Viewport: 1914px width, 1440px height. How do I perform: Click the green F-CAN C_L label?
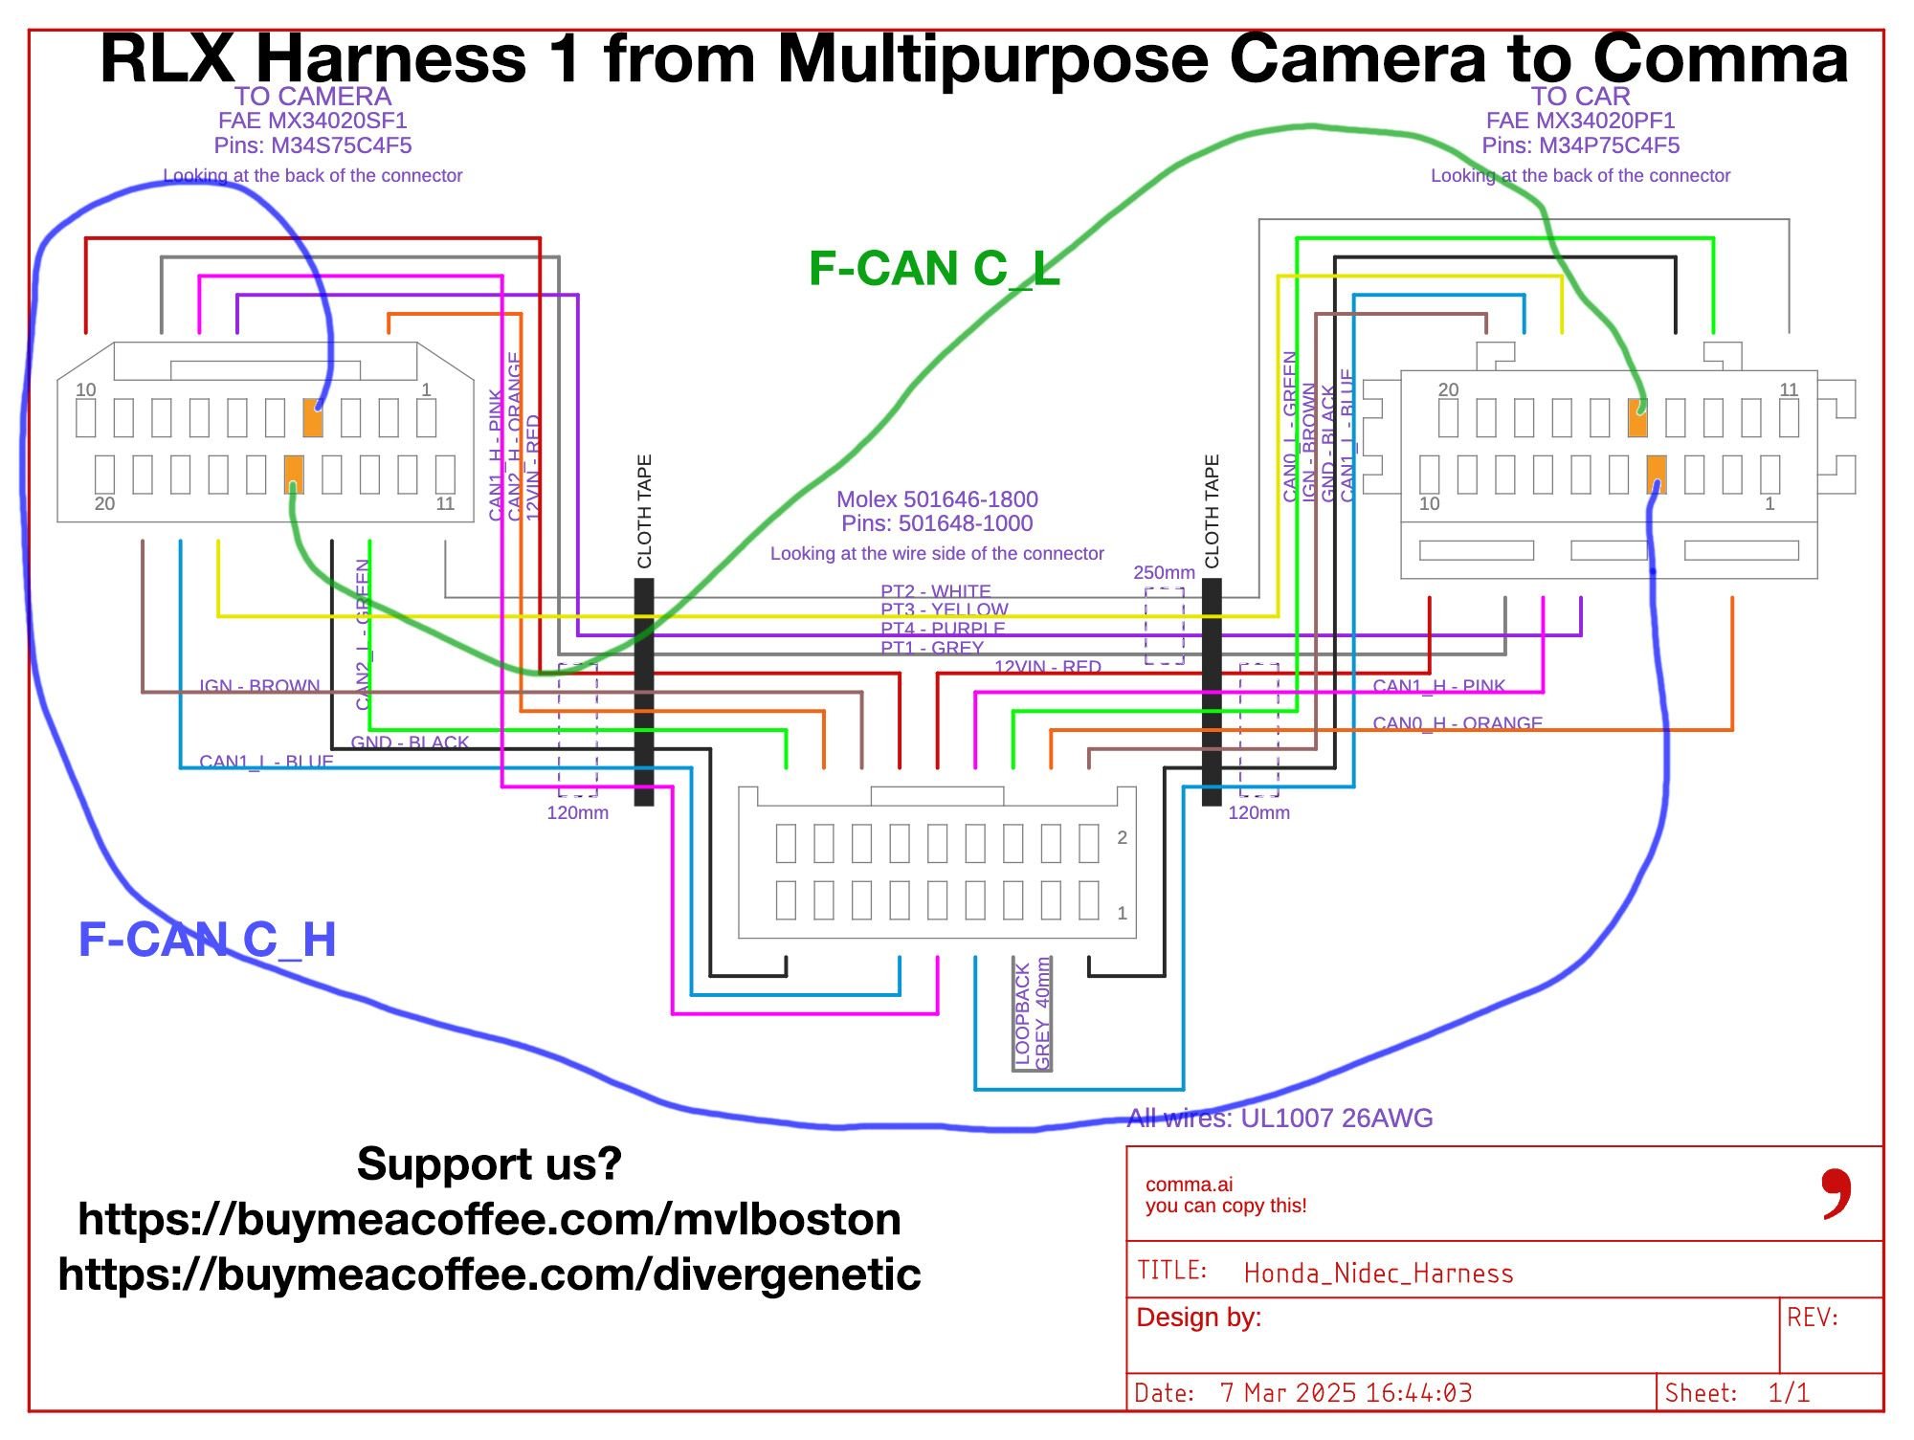point(934,269)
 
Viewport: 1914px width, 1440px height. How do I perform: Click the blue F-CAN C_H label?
point(207,940)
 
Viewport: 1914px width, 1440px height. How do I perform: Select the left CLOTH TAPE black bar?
point(644,691)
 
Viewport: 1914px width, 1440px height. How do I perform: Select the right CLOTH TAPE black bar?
point(1212,691)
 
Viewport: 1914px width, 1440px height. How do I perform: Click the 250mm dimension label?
point(1164,572)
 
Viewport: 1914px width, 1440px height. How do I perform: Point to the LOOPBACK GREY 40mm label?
point(1033,1014)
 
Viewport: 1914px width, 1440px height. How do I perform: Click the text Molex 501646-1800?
point(937,498)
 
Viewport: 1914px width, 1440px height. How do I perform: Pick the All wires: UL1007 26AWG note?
point(1280,1118)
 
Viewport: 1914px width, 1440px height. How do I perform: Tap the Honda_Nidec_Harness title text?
point(1378,1274)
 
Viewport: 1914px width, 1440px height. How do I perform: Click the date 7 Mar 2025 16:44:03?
point(1346,1393)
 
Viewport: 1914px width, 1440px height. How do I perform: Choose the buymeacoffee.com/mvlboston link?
point(489,1219)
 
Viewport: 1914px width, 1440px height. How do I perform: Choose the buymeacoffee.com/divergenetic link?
point(489,1274)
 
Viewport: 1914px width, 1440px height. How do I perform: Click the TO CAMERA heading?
point(313,97)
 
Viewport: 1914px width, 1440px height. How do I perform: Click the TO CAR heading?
point(1580,97)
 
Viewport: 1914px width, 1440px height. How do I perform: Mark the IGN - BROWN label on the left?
point(259,686)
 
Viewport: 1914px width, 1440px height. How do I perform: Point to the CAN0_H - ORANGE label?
point(1458,723)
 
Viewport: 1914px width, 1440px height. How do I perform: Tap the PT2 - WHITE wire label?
point(936,591)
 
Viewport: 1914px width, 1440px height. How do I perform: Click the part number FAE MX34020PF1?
point(1580,121)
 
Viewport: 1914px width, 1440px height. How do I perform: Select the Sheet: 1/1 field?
point(1737,1393)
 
